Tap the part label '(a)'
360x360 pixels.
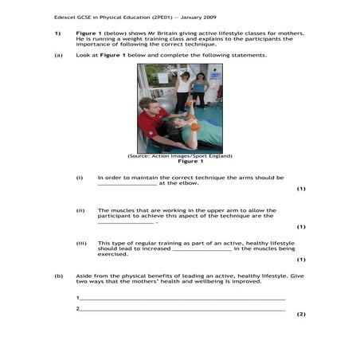pyautogui.click(x=57, y=55)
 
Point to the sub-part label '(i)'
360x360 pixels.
pyautogui.click(x=80, y=178)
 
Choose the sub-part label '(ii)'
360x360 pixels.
pyautogui.click(x=80, y=210)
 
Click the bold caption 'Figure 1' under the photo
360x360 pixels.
pyautogui.click(x=179, y=162)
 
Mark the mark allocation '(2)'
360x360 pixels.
pyautogui.click(x=300, y=314)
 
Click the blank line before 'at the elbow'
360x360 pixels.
pyautogui.click(x=127, y=184)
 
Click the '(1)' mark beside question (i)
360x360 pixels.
pyautogui.click(x=300, y=189)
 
